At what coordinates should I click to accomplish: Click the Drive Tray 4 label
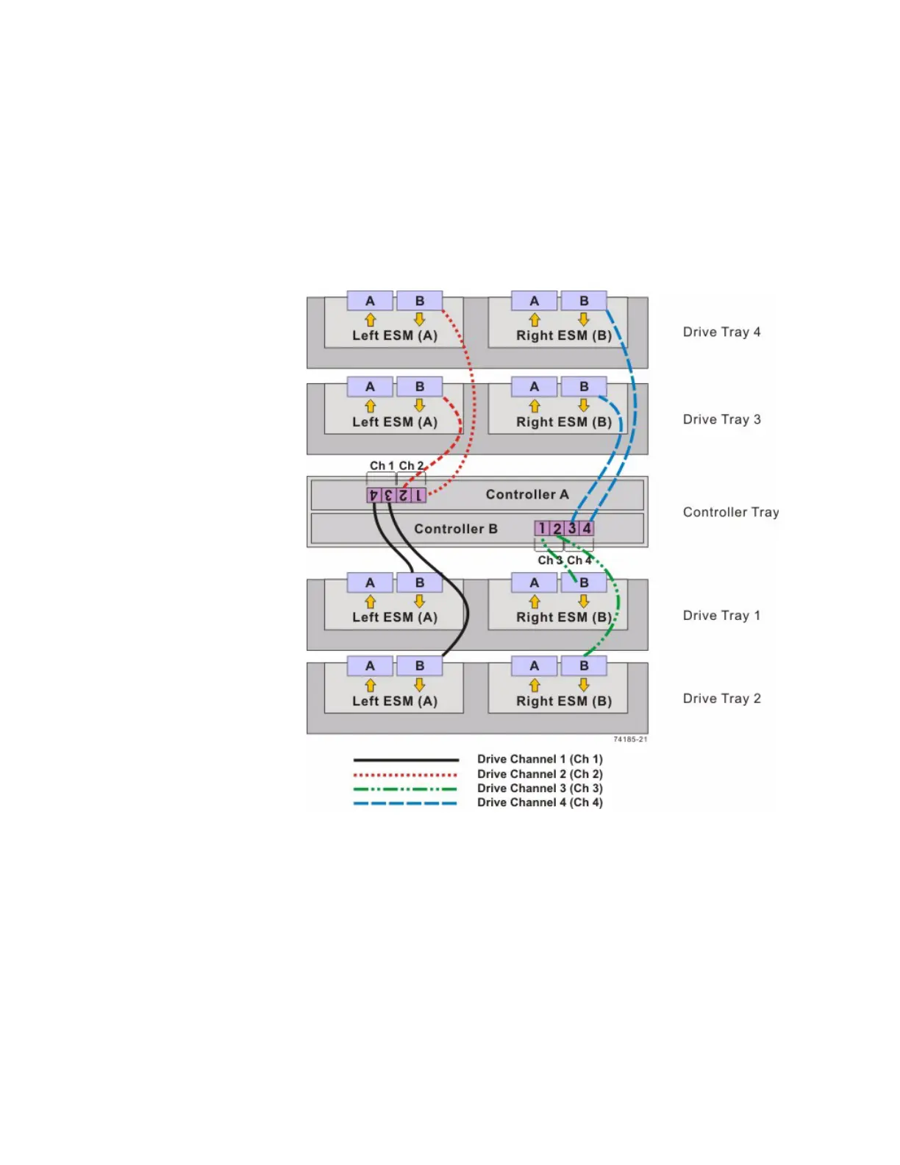(x=721, y=332)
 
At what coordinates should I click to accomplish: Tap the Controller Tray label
(x=730, y=512)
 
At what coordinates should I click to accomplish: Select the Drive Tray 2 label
(x=721, y=698)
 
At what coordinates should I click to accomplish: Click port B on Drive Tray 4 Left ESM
(x=419, y=301)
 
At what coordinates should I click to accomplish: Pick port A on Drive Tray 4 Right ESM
(x=535, y=301)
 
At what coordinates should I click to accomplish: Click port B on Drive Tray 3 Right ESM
(x=584, y=386)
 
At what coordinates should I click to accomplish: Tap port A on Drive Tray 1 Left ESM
(x=370, y=582)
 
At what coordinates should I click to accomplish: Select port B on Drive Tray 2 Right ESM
(x=584, y=666)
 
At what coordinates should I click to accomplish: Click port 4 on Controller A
(x=374, y=495)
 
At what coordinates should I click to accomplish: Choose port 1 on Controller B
(x=542, y=528)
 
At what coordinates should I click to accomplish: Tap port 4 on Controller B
(x=587, y=528)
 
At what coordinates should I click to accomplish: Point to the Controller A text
(x=527, y=494)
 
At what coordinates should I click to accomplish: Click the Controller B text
(x=455, y=529)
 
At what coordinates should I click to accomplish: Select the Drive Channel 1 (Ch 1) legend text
(x=540, y=759)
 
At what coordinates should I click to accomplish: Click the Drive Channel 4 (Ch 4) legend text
(x=540, y=802)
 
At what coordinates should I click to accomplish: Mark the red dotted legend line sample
(x=405, y=774)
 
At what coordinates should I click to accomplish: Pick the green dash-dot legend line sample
(x=405, y=788)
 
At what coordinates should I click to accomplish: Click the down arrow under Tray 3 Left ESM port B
(x=419, y=405)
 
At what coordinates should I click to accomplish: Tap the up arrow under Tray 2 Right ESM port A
(x=535, y=685)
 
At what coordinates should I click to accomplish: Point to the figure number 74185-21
(x=630, y=739)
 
